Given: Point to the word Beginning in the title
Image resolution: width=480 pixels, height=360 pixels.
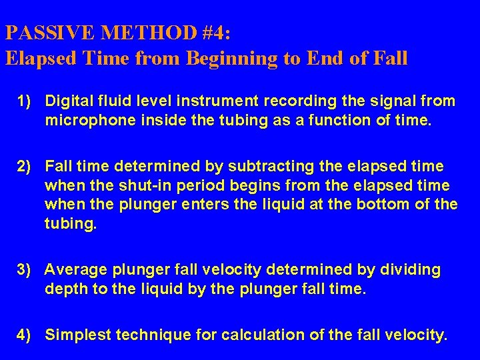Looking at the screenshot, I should (229, 58).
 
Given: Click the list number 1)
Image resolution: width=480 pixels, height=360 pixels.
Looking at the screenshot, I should (25, 101).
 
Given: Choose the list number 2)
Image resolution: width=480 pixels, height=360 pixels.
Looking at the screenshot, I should (25, 165).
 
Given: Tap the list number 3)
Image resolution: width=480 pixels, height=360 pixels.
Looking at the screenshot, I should (25, 269).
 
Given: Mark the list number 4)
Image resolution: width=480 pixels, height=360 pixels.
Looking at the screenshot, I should (25, 335).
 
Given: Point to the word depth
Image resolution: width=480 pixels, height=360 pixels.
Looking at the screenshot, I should (63, 289).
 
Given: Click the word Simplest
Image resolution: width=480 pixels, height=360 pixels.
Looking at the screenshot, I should (77, 335).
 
